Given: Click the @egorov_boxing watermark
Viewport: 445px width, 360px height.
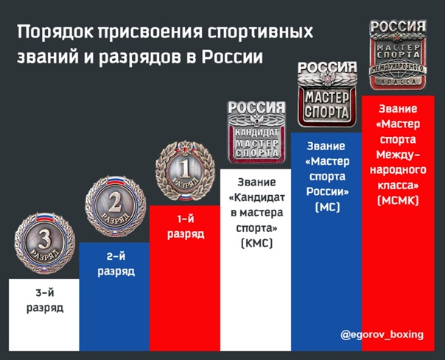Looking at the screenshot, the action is click(x=382, y=335).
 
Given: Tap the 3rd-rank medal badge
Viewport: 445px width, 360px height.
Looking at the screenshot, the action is click(x=45, y=243).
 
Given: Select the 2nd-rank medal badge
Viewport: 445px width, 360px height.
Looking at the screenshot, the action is click(x=116, y=206).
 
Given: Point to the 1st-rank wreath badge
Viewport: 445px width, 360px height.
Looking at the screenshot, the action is click(x=186, y=171).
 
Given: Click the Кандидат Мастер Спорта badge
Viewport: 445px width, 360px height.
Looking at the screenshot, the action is click(x=256, y=133).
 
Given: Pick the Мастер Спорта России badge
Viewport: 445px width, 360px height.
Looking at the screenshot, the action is click(x=327, y=94).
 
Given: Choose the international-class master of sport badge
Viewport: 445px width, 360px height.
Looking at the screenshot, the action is click(x=398, y=54).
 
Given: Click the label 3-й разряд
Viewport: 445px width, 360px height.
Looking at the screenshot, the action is click(x=45, y=300).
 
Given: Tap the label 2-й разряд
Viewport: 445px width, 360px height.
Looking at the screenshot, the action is click(x=116, y=264).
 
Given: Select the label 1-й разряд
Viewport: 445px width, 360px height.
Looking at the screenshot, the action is click(x=186, y=227).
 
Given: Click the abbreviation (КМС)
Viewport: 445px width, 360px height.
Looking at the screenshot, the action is click(x=256, y=244).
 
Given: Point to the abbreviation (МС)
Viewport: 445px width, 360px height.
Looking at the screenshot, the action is click(x=327, y=207).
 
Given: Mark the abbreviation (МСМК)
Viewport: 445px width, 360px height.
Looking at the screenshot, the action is click(x=398, y=201).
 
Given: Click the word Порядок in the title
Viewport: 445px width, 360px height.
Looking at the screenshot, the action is click(x=55, y=32).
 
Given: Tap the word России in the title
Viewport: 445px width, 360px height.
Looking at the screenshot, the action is click(x=232, y=57).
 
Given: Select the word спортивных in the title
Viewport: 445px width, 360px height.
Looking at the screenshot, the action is click(x=260, y=32).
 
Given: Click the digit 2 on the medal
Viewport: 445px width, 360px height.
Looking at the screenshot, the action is click(x=115, y=204).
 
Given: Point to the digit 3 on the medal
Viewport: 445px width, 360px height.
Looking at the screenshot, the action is click(x=44, y=240).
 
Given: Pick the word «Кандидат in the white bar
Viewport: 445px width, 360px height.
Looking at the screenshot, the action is click(x=256, y=197).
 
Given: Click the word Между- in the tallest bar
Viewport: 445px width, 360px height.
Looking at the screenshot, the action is click(x=398, y=155).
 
